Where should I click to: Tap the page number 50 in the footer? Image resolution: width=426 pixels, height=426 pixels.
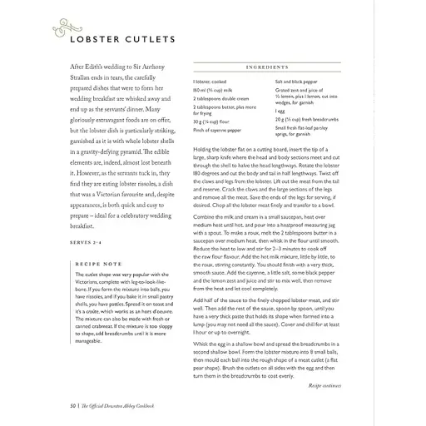coord(52,404)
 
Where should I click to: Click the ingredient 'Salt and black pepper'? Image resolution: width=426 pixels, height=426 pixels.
coord(298,82)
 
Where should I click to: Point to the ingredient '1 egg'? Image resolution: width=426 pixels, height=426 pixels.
coord(280,111)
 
